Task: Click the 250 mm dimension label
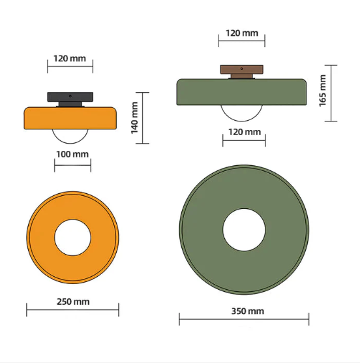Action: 73,302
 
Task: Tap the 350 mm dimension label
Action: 248,311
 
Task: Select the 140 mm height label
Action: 134,118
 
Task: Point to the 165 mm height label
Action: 323,91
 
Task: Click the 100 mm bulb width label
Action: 72,154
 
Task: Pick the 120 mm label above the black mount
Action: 70,58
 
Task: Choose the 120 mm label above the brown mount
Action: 242,33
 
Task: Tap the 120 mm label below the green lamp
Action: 245,132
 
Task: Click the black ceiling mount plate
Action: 70,97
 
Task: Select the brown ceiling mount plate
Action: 241,69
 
